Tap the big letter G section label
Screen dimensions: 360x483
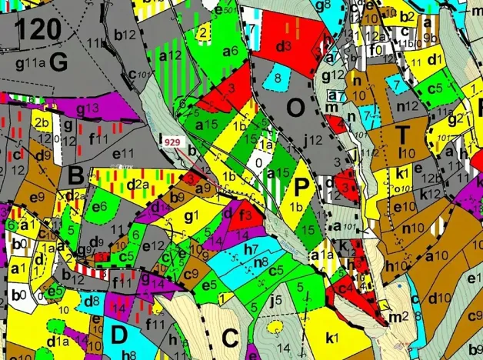[58, 64]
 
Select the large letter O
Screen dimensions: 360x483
[295, 108]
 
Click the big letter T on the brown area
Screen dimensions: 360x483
[401, 134]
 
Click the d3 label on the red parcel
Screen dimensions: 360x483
[283, 47]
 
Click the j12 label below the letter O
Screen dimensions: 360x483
[312, 140]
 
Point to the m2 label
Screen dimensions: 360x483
[398, 316]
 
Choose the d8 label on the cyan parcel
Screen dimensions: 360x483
[90, 300]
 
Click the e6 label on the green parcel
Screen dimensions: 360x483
[99, 206]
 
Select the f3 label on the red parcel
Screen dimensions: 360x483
[247, 215]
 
